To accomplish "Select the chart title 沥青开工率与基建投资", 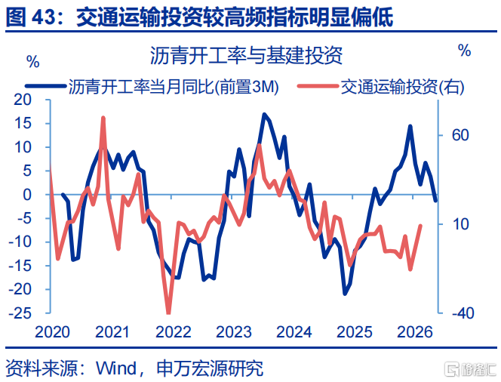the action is tap(246, 55).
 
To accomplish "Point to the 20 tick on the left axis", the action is tap(23, 100).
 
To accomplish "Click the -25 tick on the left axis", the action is tap(20, 313).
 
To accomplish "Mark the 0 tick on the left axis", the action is tap(27, 195).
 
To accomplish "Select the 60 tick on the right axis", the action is tap(460, 135).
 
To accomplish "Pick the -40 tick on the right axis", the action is tap(463, 313).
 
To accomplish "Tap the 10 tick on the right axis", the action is tap(460, 224).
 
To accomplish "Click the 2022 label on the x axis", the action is tap(174, 332).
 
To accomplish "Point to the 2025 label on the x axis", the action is tap(355, 332).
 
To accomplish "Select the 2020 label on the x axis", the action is tap(52, 332).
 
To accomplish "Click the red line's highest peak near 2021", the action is tap(103, 118).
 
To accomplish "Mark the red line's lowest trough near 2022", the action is tap(169, 313).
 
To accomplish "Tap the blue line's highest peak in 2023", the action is tap(264, 115).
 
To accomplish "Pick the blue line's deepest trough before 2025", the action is tap(345, 294).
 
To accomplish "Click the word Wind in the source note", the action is tap(116, 368).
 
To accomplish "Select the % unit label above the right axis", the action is tap(464, 50).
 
